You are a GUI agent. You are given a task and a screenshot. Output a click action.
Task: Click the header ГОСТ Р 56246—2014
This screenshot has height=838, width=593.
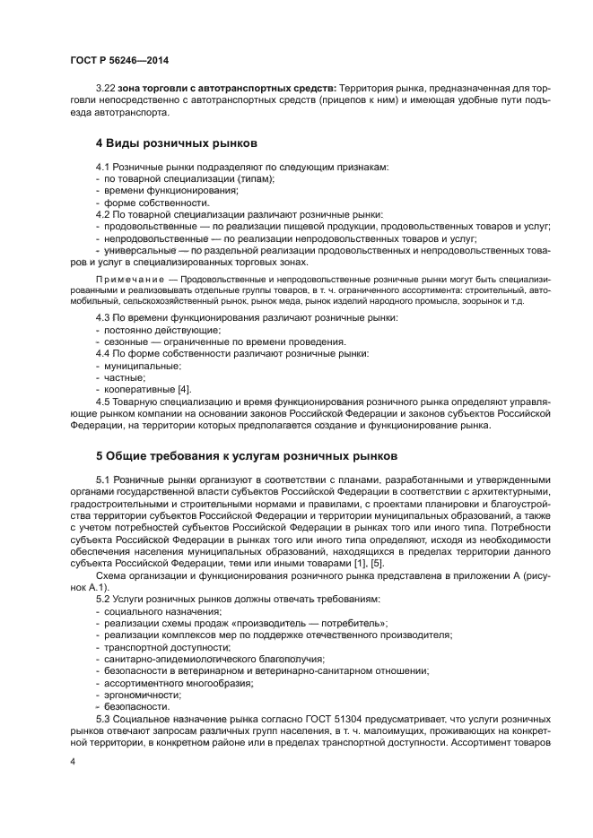118,60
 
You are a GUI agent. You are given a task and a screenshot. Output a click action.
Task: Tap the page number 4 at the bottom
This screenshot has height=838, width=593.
72,761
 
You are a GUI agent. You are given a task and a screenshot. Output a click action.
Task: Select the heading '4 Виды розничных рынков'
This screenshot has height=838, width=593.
177,143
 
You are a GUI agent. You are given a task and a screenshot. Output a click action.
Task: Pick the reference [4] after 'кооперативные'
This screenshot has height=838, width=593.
184,390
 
